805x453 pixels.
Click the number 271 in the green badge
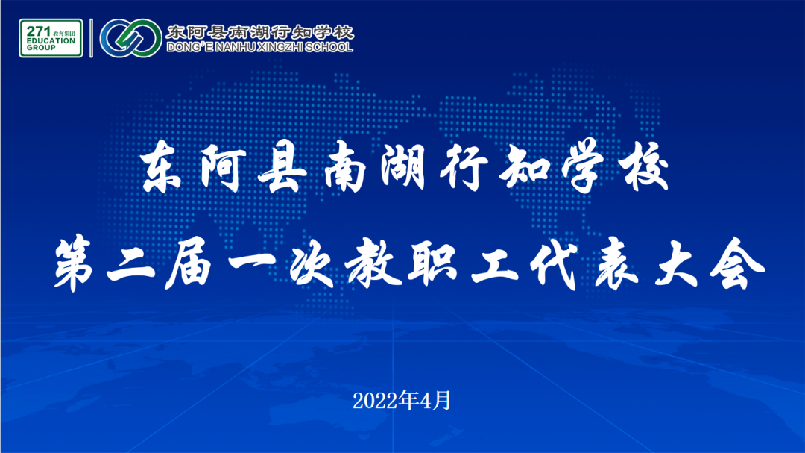39,31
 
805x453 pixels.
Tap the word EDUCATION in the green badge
51,40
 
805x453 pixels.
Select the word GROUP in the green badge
41,47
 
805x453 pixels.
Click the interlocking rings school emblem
131,38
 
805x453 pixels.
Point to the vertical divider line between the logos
92,38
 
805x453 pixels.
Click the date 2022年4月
402,401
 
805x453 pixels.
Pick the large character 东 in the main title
162,166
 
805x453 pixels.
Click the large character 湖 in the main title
403,166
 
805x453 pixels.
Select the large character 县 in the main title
282,166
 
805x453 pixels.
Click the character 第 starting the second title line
75,263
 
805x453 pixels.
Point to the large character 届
189,263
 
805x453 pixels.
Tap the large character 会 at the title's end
738,263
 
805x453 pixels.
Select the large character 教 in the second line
373,263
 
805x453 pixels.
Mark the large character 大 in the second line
676,263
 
